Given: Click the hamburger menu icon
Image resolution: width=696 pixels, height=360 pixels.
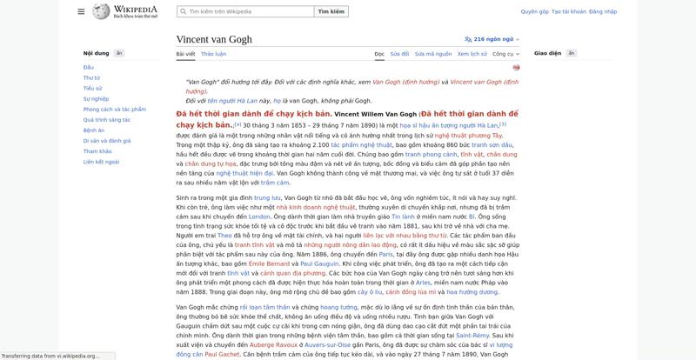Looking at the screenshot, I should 81,11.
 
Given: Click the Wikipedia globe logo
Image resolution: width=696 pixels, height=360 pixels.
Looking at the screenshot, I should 98,11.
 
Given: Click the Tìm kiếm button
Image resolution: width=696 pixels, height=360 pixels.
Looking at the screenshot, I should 332,11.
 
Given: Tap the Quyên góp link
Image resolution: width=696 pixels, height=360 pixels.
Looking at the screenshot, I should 534,12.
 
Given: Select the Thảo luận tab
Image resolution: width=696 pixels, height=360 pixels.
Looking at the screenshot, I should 213,54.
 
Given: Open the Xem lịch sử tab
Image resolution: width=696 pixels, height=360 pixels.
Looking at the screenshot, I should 472,54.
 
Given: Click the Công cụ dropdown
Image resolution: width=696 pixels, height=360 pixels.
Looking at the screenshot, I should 505,54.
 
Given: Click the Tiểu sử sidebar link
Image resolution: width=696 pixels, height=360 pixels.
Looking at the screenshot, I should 92,88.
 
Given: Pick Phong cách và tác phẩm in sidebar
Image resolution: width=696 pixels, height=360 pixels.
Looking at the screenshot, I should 114,110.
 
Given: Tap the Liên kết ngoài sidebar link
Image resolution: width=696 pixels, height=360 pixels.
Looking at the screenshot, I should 101,162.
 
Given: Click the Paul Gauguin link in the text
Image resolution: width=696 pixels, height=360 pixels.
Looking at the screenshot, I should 320,262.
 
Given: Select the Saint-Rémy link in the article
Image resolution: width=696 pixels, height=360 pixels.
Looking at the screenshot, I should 472,335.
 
